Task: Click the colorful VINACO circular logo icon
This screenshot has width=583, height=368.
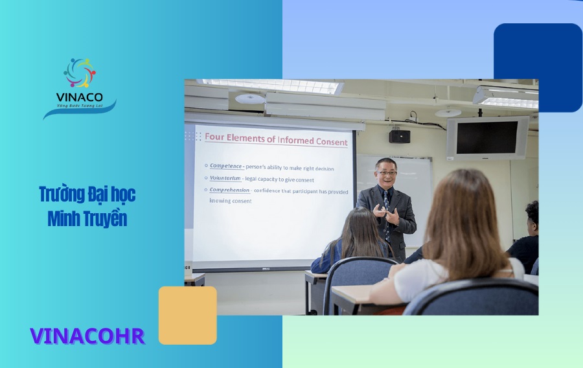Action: (x=80, y=73)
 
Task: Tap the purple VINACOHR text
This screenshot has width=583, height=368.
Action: (x=87, y=336)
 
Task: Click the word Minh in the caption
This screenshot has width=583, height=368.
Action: (x=63, y=219)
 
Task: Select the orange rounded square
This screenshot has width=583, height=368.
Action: (x=188, y=316)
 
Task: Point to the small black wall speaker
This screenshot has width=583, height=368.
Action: (x=399, y=136)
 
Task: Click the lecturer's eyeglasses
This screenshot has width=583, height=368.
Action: (x=387, y=172)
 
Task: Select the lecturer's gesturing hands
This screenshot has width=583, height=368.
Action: (x=385, y=213)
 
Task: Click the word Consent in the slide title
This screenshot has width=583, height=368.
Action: (x=331, y=141)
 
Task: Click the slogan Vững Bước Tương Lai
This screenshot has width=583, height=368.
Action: (x=80, y=106)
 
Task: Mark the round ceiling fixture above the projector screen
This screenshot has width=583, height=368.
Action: (x=250, y=98)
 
